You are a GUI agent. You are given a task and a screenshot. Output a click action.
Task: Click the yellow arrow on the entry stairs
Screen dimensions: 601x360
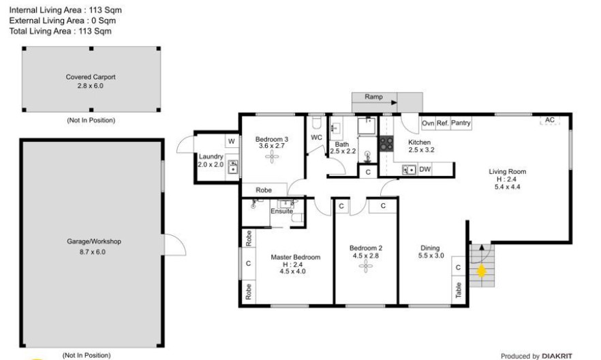tap(481, 271)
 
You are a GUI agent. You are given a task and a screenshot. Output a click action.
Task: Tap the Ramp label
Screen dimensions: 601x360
tap(373, 97)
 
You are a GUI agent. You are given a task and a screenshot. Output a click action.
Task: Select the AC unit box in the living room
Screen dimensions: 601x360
tap(550, 120)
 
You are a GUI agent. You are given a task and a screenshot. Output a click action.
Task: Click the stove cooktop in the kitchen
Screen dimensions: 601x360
tap(386, 144)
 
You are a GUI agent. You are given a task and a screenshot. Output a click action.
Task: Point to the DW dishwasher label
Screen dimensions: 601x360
tap(425, 169)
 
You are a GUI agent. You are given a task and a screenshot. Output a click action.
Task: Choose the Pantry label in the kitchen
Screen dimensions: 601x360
tap(461, 123)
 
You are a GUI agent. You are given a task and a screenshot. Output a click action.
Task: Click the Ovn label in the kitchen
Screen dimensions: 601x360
tap(428, 123)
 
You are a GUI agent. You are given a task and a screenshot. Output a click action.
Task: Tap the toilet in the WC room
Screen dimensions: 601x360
tap(317, 123)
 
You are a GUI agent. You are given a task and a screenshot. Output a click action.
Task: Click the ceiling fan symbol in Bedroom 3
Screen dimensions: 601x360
tap(272, 156)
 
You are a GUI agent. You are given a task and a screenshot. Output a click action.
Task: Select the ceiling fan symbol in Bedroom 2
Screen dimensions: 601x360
tap(366, 266)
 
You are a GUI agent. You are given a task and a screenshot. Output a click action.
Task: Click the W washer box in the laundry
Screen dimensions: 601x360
tap(232, 141)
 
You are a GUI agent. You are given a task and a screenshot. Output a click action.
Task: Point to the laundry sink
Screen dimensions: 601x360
tap(232, 167)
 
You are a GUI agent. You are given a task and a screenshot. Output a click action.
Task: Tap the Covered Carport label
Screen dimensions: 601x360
tap(91, 76)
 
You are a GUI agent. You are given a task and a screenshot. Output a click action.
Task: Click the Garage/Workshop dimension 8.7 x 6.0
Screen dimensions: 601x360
tap(93, 252)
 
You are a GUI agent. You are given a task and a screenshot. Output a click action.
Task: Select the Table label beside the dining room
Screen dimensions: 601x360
tap(459, 290)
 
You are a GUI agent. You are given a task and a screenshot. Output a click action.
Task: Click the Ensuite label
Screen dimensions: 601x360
tap(281, 211)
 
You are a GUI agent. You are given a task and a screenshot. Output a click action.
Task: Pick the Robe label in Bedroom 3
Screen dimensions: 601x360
tap(264, 190)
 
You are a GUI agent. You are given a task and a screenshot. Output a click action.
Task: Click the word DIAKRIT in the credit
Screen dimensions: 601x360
tap(557, 356)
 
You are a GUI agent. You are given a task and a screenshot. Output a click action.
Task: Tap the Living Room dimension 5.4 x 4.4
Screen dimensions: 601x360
tap(507, 187)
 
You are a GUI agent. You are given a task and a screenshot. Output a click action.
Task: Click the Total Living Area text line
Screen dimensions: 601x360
tap(61, 31)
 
